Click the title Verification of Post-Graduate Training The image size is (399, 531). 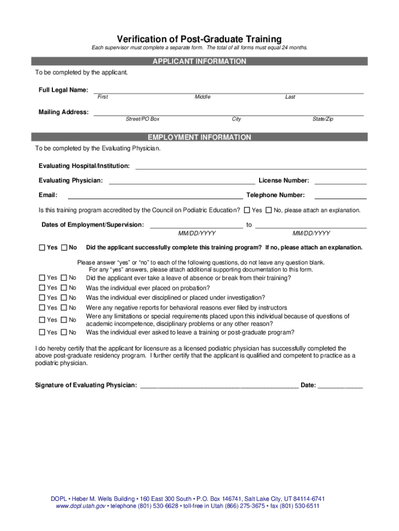tap(199, 39)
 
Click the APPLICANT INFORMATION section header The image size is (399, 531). tap(199, 61)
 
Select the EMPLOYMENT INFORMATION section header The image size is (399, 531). tap(199, 137)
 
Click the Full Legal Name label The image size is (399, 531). tap(63, 90)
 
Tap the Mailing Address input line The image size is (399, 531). tap(228, 113)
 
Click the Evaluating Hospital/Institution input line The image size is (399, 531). tap(251, 166)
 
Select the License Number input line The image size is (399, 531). tap(340, 181)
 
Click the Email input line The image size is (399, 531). tap(155, 196)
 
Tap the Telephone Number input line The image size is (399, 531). tap(340, 196)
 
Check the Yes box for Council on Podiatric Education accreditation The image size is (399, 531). tap(247, 210)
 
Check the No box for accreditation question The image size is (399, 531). tap(268, 210)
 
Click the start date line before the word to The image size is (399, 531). tap(196, 226)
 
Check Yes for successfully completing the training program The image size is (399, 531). tap(42, 247)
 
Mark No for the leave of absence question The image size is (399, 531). tap(64, 278)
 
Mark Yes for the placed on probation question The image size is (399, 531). tap(42, 288)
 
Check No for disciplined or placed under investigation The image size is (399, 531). tap(64, 298)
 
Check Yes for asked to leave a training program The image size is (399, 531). tap(42, 332)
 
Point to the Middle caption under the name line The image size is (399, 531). tap(203, 97)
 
